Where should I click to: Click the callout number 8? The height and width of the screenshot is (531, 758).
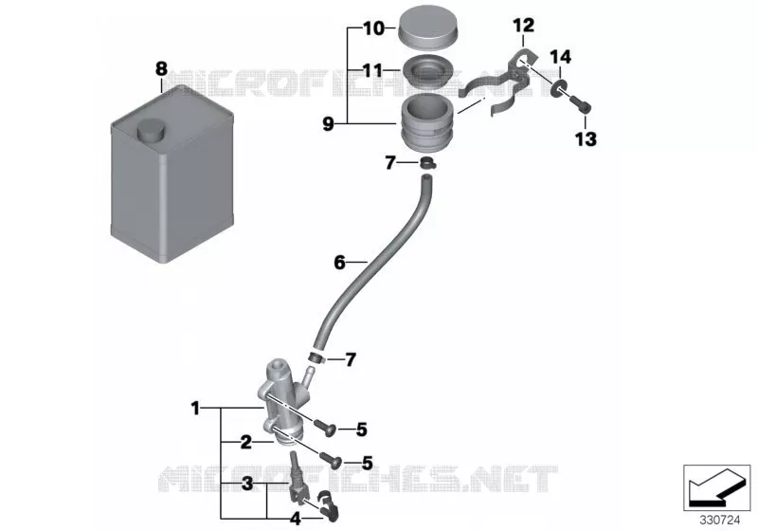[x=161, y=68]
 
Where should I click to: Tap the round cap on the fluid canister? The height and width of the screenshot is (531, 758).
[x=151, y=130]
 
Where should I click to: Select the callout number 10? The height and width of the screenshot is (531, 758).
[x=373, y=28]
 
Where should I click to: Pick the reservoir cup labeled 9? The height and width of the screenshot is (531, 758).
[x=426, y=122]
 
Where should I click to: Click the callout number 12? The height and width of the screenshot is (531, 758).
[x=524, y=26]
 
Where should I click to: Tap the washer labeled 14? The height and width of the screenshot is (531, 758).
[x=558, y=89]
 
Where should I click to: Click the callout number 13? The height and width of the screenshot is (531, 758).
[x=586, y=139]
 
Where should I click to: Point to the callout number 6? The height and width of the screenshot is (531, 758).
[x=339, y=263]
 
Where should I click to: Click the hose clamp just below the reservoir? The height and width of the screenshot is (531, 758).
[x=427, y=163]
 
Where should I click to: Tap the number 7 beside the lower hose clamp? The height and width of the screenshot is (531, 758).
[x=351, y=359]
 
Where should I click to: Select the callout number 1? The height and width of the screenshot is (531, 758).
[x=195, y=408]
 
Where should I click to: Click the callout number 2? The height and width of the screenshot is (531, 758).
[x=246, y=442]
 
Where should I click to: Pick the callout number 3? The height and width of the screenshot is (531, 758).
[x=247, y=484]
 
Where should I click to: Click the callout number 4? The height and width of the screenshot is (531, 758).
[x=295, y=519]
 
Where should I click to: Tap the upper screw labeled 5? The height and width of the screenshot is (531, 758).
[x=327, y=427]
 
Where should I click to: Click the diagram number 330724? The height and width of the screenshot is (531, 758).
[x=720, y=521]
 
